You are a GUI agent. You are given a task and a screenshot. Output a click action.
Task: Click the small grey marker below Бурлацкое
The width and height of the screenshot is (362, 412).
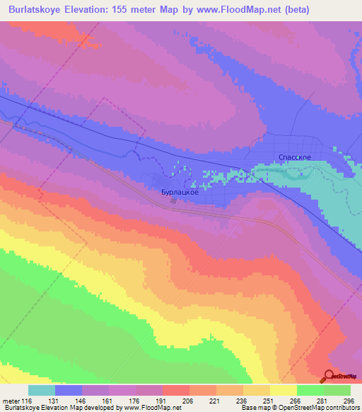point(173,200)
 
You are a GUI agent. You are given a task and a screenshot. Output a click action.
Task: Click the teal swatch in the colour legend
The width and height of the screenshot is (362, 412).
point(42,390)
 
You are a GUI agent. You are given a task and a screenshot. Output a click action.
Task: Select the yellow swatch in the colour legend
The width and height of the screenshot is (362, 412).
point(283,390)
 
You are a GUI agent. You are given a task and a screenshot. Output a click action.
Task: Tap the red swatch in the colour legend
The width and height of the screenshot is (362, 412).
point(176,390)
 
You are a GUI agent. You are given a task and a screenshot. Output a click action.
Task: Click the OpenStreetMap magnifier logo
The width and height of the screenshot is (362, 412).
point(328,375)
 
